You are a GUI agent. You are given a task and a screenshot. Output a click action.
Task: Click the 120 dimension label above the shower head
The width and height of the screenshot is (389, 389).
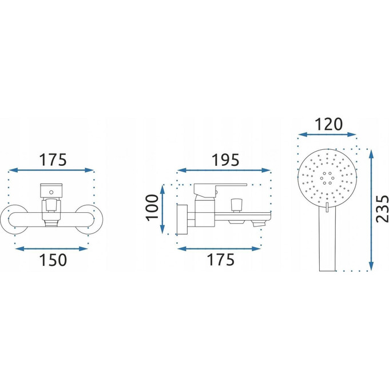pyautogui.click(x=328, y=124)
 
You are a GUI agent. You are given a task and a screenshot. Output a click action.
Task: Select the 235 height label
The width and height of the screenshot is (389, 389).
pyautogui.click(x=382, y=209)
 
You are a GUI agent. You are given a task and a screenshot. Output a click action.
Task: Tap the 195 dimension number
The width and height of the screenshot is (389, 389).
pyautogui.click(x=225, y=160)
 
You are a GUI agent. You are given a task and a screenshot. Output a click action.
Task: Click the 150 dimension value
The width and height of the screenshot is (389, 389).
pyautogui.click(x=53, y=260)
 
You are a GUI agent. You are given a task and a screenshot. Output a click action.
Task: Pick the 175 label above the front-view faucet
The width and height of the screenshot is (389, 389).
pyautogui.click(x=53, y=160)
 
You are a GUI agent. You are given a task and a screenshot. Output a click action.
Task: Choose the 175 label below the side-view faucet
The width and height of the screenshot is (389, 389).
pyautogui.click(x=221, y=260)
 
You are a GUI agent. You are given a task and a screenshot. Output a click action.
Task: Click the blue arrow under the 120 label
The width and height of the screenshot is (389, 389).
pyautogui.click(x=327, y=134)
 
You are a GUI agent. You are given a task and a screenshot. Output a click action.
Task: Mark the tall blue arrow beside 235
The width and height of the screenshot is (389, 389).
pyautogui.click(x=371, y=210)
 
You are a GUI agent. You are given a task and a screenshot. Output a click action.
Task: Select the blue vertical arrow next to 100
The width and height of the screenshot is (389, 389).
pyautogui.click(x=162, y=209)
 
